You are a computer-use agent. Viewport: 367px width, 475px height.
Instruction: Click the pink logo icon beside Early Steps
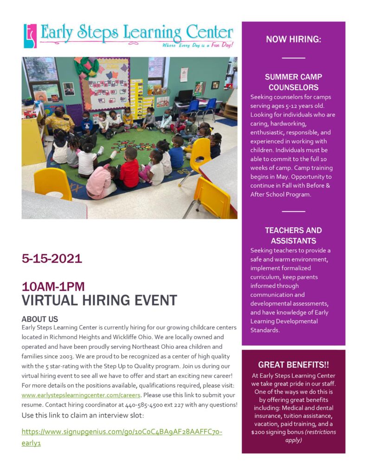pos(30,36)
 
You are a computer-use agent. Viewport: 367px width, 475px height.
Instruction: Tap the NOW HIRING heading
pos(293,39)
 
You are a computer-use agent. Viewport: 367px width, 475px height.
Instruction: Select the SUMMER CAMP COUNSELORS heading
pos(293,82)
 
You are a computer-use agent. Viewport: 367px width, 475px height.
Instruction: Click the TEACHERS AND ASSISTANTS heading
pos(293,236)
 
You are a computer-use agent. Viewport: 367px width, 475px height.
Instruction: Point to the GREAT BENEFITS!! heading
pos(293,365)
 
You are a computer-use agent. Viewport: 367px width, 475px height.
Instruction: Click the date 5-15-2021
pos(52,259)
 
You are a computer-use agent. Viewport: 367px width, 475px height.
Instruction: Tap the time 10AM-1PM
pos(53,287)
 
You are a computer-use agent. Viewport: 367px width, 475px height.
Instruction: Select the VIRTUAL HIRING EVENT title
pos(99,301)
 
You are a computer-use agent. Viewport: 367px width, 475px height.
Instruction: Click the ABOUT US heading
pos(40,319)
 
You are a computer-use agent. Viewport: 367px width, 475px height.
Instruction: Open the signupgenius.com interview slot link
pos(122,432)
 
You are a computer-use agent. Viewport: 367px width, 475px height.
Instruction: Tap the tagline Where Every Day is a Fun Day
pos(198,45)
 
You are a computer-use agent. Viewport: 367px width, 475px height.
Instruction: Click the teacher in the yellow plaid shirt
pos(59,121)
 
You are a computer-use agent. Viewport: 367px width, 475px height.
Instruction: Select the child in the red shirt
pos(129,171)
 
